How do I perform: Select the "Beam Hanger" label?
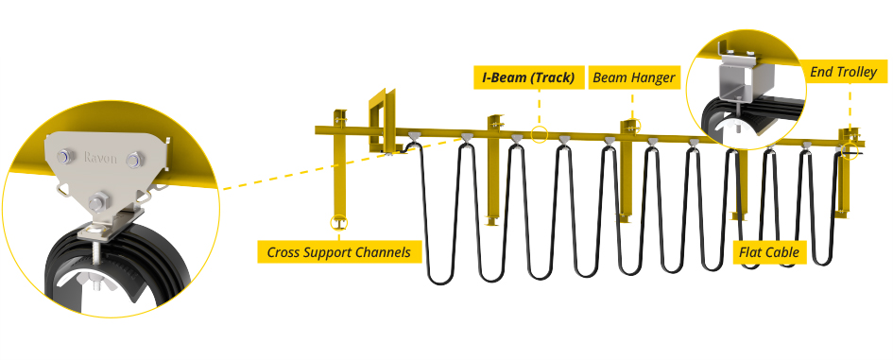click(x=635, y=77)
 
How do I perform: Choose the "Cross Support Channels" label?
click(x=337, y=252)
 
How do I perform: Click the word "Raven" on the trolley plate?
click(x=101, y=158)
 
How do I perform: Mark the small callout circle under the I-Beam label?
click(x=538, y=133)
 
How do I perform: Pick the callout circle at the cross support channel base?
click(x=337, y=223)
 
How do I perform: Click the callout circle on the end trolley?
click(x=850, y=151)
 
